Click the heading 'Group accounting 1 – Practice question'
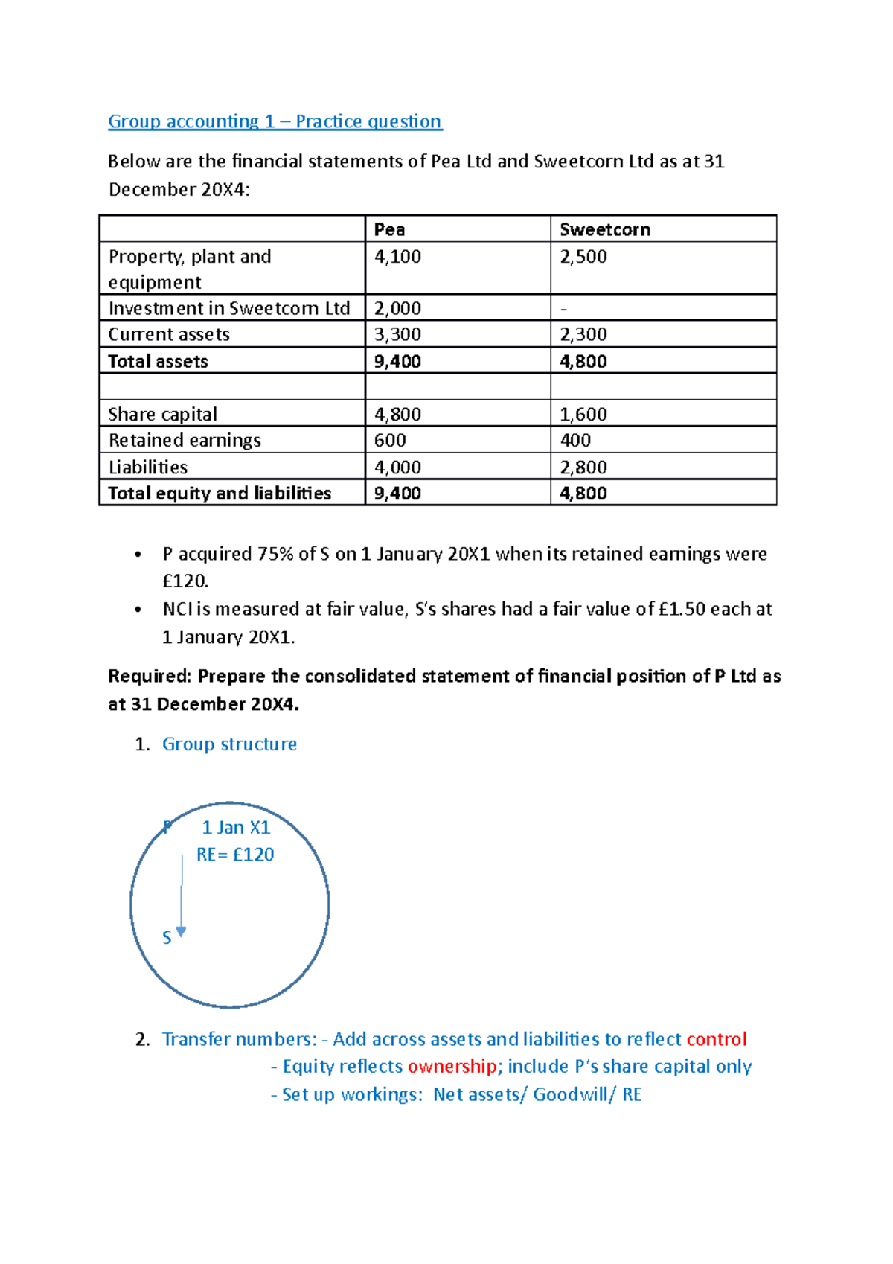click(275, 121)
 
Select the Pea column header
click(389, 229)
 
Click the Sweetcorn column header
click(604, 229)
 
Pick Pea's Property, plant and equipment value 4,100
click(397, 257)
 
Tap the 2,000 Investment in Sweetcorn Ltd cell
click(397, 308)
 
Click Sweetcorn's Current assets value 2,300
click(583, 335)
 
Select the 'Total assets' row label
click(158, 362)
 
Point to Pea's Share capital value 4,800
click(397, 414)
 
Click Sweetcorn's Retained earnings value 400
click(575, 441)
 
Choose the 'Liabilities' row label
click(148, 467)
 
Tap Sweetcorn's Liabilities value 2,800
click(583, 467)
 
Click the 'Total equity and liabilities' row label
click(220, 494)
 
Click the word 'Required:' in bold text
click(150, 676)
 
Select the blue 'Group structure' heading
click(229, 744)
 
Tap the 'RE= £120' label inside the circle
click(235, 855)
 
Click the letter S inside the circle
click(167, 938)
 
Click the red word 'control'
click(716, 1039)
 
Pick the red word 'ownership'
click(452, 1067)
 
